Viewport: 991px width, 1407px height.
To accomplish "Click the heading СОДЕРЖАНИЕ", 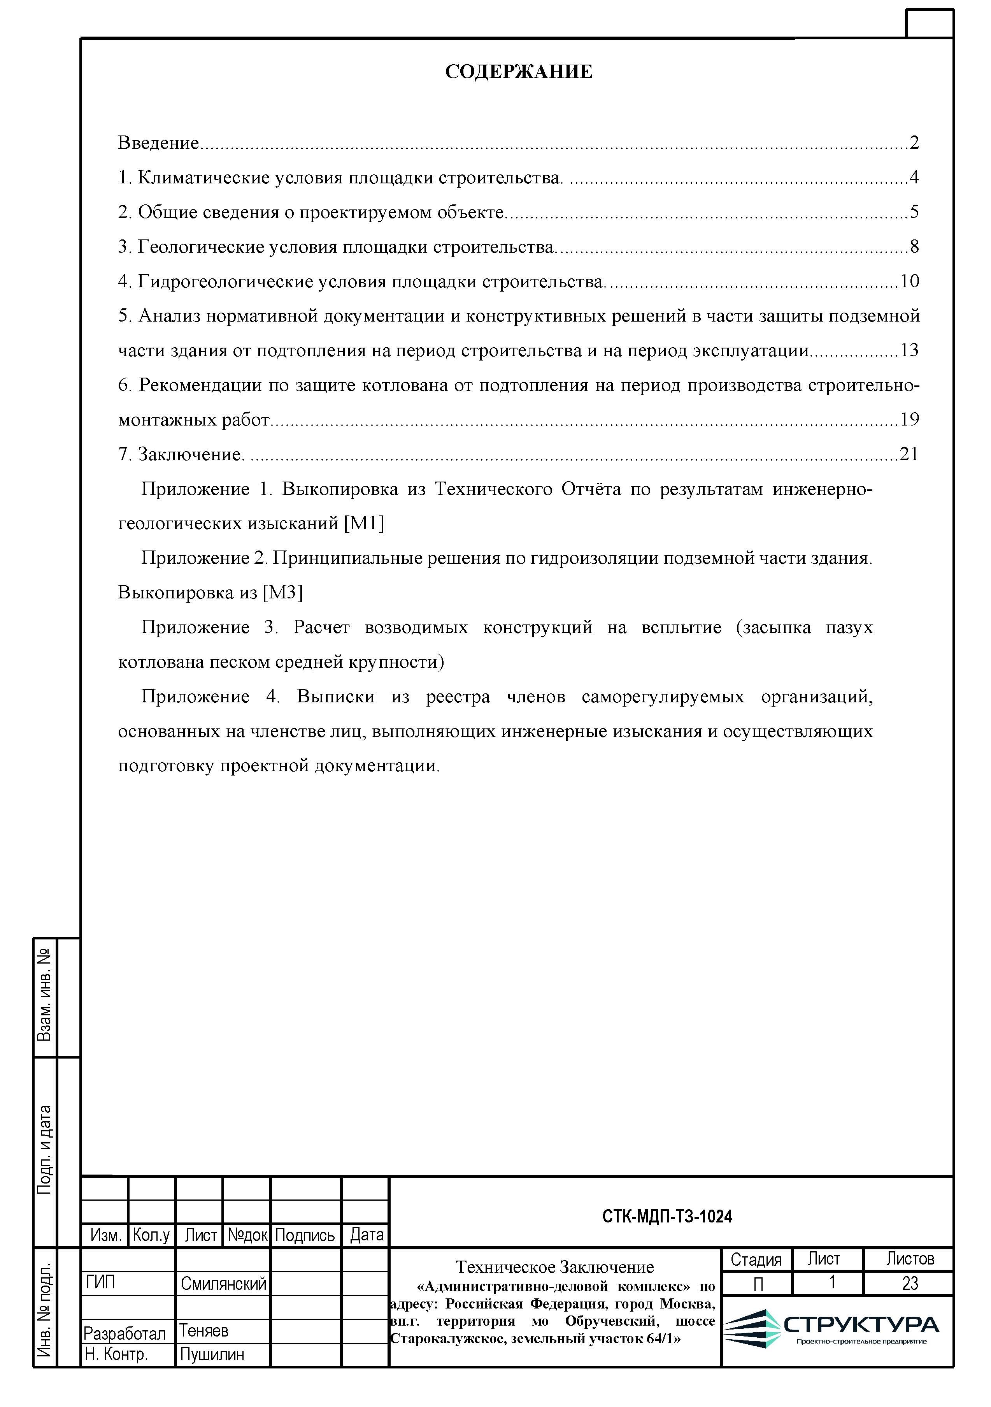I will click(518, 72).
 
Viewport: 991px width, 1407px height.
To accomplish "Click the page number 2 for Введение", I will click(914, 143).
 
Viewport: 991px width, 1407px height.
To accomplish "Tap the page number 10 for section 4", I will click(910, 281).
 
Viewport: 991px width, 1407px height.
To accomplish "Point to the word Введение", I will click(158, 143).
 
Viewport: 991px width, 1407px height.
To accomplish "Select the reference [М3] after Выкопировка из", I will click(282, 593).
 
